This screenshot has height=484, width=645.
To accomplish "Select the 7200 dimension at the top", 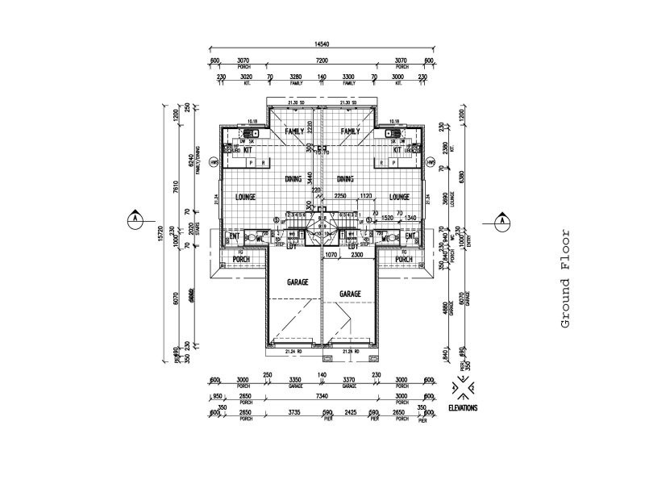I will click(x=322, y=60).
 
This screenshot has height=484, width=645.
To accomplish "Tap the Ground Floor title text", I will click(x=565, y=278).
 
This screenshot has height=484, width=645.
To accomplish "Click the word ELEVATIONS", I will click(x=463, y=408).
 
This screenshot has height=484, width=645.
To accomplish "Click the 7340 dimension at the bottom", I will click(x=322, y=398).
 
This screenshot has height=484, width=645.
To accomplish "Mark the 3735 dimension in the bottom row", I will click(x=293, y=412).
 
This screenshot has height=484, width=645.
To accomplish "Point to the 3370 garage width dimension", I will click(x=349, y=382).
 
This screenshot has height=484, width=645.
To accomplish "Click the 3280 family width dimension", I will click(x=295, y=77).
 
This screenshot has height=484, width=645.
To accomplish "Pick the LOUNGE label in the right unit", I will click(x=400, y=197).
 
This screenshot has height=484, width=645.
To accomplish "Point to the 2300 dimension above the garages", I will click(x=356, y=255).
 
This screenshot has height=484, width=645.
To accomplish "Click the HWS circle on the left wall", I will click(x=214, y=161).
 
